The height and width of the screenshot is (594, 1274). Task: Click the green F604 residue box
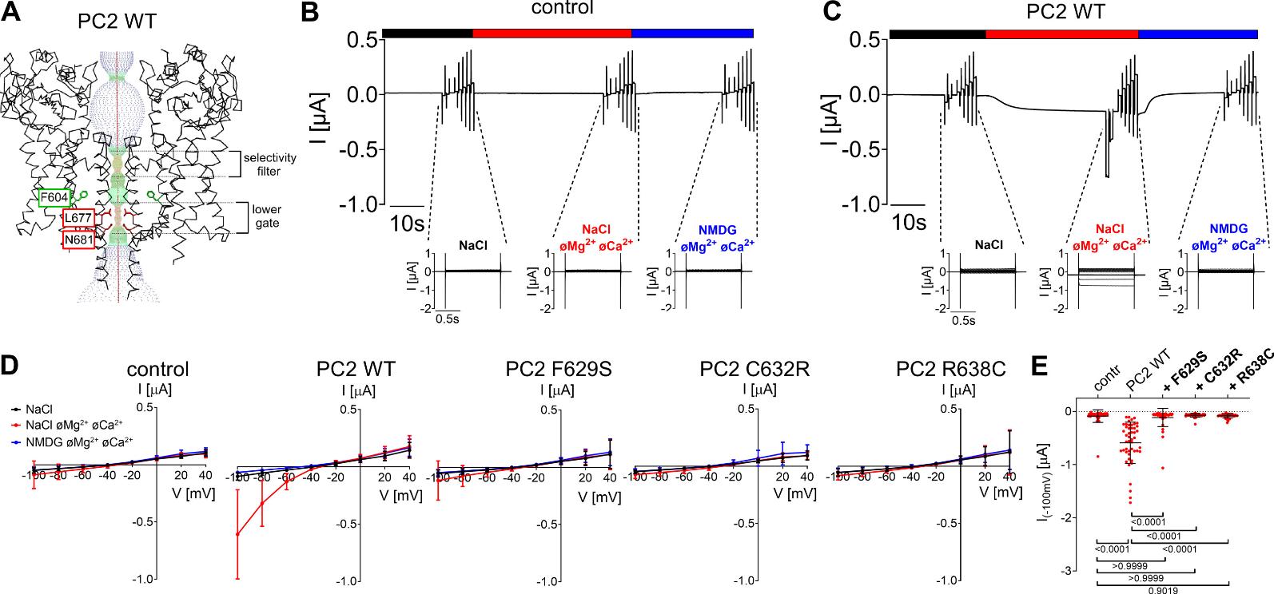pyautogui.click(x=54, y=196)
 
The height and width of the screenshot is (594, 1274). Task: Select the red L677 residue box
pyautogui.click(x=78, y=218)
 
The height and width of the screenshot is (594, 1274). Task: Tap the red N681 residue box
pyautogui.click(x=80, y=238)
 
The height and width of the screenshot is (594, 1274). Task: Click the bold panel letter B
pyautogui.click(x=309, y=13)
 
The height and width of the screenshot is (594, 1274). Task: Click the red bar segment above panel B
pyautogui.click(x=551, y=33)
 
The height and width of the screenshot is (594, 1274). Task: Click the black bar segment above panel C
pyautogui.click(x=937, y=34)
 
